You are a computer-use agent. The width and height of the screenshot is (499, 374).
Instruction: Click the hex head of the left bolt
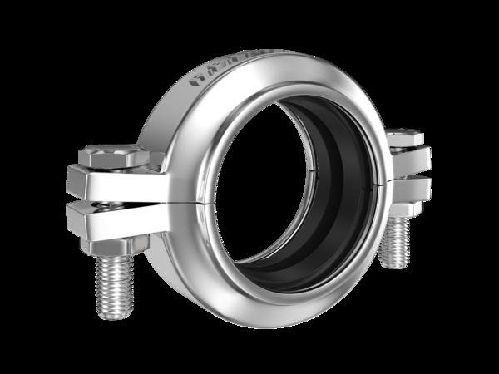click(112, 155)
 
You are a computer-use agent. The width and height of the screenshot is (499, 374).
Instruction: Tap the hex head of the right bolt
click(405, 137)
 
